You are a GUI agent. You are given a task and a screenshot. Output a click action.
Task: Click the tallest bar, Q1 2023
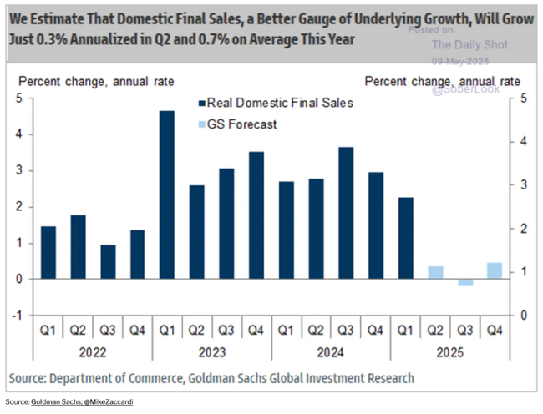tap(167, 194)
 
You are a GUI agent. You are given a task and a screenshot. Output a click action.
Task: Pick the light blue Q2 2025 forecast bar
tap(435, 273)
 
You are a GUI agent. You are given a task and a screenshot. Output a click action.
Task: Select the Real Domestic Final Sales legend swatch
tap(202, 103)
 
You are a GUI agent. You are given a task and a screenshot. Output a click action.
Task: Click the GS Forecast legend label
tap(242, 124)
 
